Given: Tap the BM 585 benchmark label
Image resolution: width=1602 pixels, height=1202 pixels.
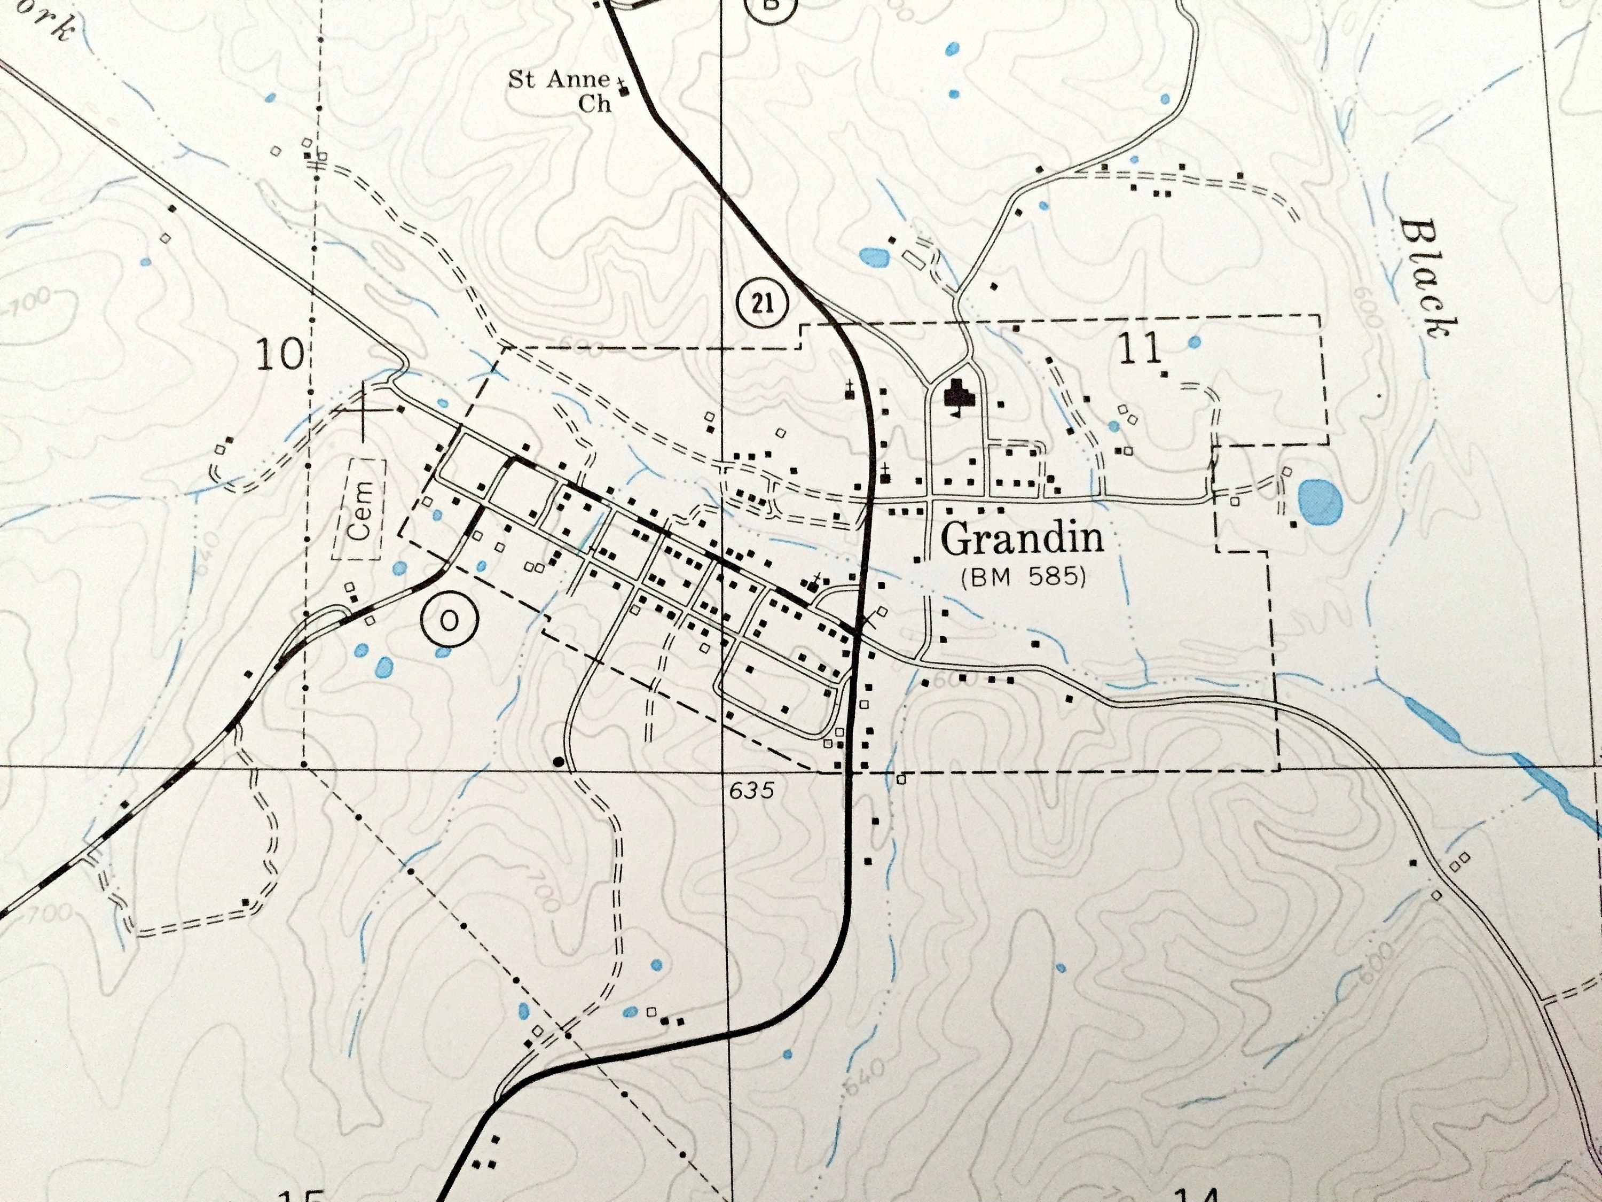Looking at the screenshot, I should (x=1023, y=577).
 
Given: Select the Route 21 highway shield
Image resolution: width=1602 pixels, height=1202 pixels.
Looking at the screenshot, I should (x=763, y=303).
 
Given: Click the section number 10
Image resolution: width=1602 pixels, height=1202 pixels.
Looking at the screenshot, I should (x=279, y=355).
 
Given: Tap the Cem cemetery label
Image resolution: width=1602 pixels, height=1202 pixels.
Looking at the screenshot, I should (x=359, y=509).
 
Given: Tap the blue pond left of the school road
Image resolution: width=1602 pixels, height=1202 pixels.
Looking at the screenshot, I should (x=874, y=256).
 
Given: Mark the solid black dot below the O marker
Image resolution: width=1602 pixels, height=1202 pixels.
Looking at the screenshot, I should (x=559, y=761).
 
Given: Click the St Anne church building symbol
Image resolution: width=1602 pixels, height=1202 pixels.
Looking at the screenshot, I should (x=624, y=91).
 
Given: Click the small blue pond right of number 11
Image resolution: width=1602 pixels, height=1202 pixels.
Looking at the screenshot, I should (x=1194, y=341).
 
